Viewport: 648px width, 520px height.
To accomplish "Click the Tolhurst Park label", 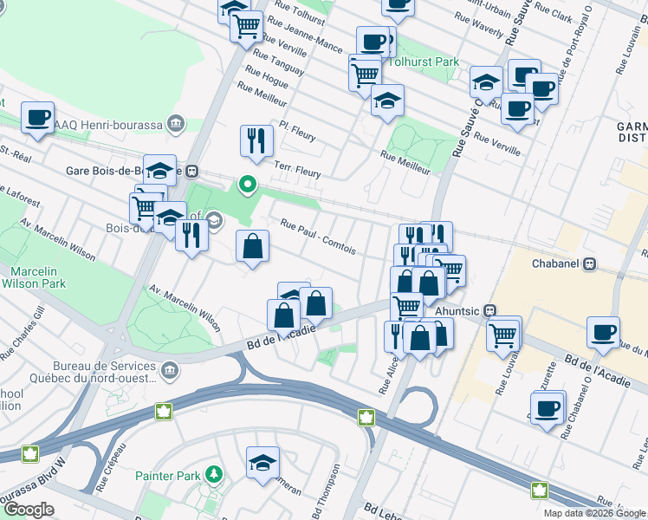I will [x=424, y=62].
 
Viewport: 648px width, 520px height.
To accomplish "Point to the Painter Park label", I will [x=168, y=476].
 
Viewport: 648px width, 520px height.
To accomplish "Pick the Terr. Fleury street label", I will [x=297, y=169].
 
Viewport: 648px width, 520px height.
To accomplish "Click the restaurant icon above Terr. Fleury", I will [x=256, y=140].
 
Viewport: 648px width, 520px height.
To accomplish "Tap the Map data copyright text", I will [x=594, y=513].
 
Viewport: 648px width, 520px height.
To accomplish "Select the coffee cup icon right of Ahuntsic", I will [x=603, y=332].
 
